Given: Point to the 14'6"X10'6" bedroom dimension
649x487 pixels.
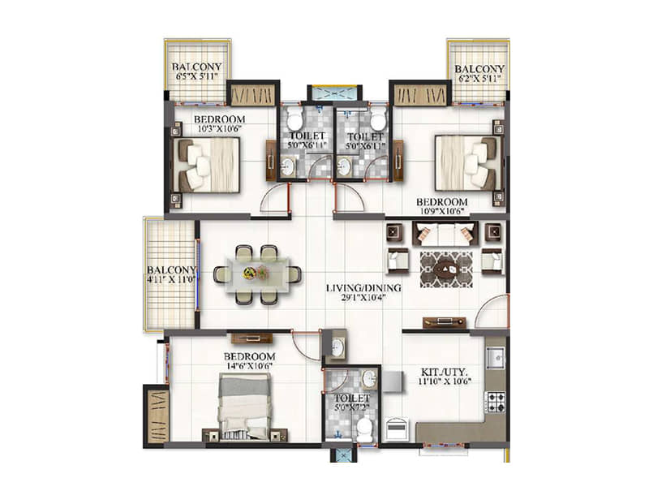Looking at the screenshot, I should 250,368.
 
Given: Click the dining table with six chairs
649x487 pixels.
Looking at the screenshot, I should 257,274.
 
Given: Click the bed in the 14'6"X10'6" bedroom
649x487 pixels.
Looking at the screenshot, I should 244,407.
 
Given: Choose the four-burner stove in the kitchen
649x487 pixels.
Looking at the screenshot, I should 495,401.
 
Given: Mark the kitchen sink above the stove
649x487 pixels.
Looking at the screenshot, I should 495,356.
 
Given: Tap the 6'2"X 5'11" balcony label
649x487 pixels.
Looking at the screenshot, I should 479,74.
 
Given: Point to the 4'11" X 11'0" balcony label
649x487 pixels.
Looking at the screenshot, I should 171,275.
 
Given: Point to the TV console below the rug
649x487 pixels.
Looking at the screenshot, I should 445,321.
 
